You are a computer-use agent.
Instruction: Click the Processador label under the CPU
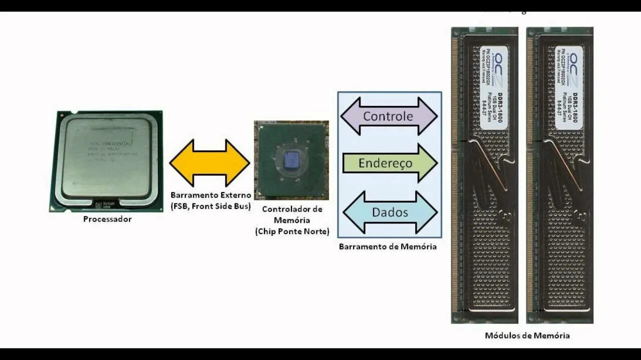(x=107, y=219)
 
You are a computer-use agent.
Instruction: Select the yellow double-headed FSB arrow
(x=209, y=163)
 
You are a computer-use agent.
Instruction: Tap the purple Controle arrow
(x=389, y=116)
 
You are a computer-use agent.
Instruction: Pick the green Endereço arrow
(x=389, y=163)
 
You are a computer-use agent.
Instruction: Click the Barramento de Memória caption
(x=388, y=246)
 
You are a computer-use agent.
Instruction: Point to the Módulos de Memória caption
(x=527, y=335)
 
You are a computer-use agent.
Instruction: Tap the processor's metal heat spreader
(x=107, y=158)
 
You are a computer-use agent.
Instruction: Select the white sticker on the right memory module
(x=569, y=88)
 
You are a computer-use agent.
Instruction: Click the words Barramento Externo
(x=210, y=195)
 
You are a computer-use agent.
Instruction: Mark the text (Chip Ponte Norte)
(x=292, y=231)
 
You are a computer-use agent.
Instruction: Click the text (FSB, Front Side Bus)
(x=210, y=205)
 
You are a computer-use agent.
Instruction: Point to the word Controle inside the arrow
(x=388, y=116)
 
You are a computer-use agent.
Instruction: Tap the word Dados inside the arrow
(x=390, y=212)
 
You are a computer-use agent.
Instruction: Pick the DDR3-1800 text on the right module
(x=576, y=108)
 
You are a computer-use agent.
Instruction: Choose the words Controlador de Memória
(x=292, y=214)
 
